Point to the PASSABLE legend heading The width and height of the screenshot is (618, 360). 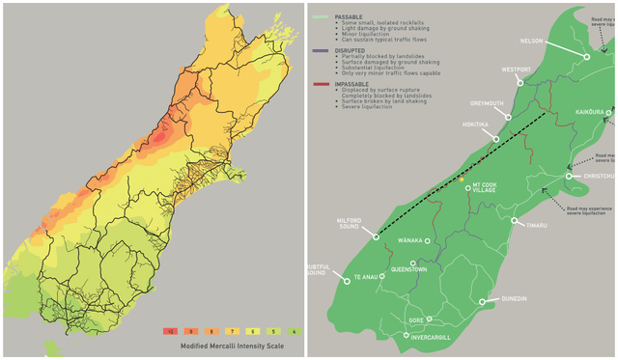click(350, 16)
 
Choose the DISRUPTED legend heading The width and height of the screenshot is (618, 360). click(351, 50)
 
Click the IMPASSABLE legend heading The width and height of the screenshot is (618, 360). click(353, 84)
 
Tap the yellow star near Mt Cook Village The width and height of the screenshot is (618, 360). click(462, 180)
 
